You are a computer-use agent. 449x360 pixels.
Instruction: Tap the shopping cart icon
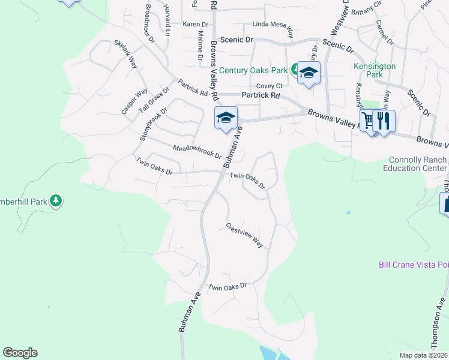click(x=369, y=121)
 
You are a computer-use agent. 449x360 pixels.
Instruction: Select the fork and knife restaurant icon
click(x=384, y=121)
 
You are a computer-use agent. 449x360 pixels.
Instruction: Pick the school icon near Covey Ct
click(x=309, y=73)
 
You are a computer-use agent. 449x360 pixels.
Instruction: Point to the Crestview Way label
click(x=245, y=235)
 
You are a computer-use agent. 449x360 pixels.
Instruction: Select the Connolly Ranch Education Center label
click(x=418, y=164)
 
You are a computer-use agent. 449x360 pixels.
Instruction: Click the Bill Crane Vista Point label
click(x=414, y=265)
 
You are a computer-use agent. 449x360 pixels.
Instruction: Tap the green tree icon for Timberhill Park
click(x=56, y=200)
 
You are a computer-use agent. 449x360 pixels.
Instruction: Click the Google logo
click(x=20, y=353)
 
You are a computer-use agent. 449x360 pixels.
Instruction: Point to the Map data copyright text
click(x=423, y=355)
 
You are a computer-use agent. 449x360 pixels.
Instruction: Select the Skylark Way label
click(x=125, y=55)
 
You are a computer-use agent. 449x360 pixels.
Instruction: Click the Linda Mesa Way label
click(x=273, y=26)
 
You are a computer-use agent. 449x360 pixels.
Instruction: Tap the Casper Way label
click(x=134, y=101)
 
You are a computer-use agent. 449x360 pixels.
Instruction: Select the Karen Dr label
click(x=195, y=25)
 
